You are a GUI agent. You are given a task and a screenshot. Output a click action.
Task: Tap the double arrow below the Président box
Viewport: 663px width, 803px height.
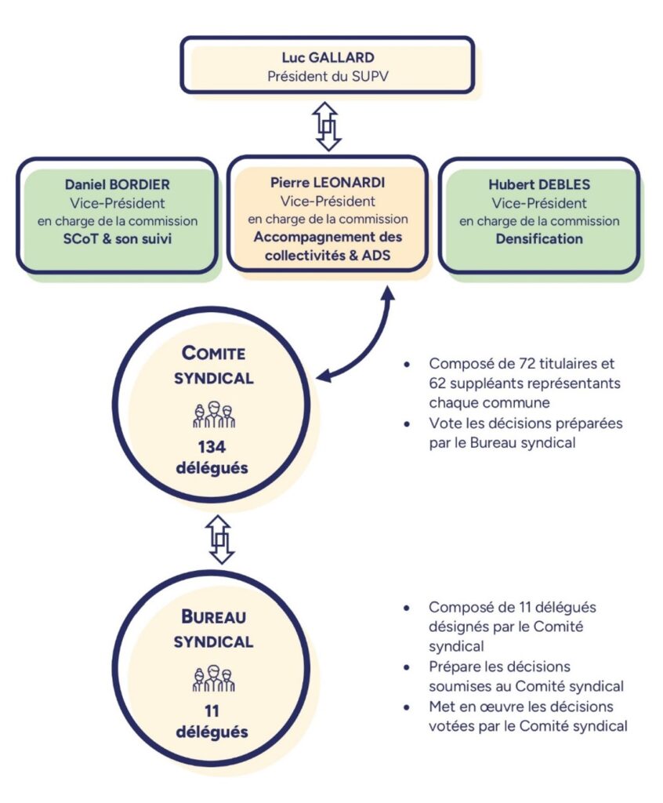click(326, 125)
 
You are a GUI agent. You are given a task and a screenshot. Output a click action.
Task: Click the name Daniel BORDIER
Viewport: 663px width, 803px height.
click(118, 186)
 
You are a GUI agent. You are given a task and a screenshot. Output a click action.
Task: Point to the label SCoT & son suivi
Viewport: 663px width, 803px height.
click(118, 238)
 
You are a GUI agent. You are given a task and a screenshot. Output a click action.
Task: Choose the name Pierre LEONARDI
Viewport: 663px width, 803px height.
click(328, 182)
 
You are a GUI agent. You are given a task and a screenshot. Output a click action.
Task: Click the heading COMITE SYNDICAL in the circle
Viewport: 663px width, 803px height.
click(213, 365)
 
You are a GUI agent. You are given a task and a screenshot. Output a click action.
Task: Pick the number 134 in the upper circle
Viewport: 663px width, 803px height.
click(212, 448)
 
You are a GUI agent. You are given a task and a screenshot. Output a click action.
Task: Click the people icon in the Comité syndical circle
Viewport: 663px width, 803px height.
click(213, 415)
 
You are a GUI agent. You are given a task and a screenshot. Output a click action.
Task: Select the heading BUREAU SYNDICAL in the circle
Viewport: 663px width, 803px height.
click(213, 628)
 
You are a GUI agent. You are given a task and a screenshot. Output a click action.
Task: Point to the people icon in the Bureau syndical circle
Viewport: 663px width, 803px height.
click(213, 678)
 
